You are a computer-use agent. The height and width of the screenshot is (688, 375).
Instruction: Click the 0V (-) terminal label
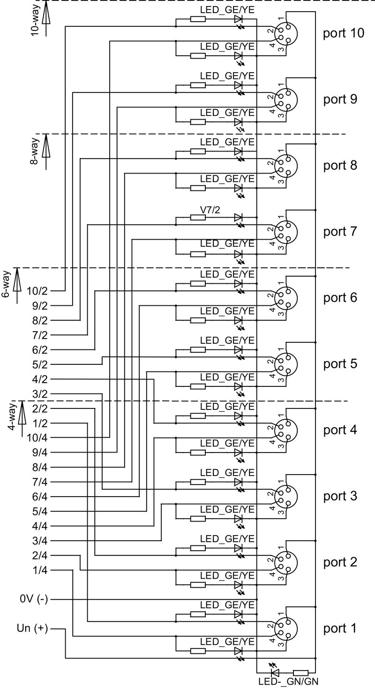(34, 599)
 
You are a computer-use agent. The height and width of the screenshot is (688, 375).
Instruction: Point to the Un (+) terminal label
(32, 629)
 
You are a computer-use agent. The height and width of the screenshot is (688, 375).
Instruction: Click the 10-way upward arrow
(46, 19)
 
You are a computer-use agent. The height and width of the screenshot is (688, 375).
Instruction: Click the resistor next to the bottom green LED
(300, 672)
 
